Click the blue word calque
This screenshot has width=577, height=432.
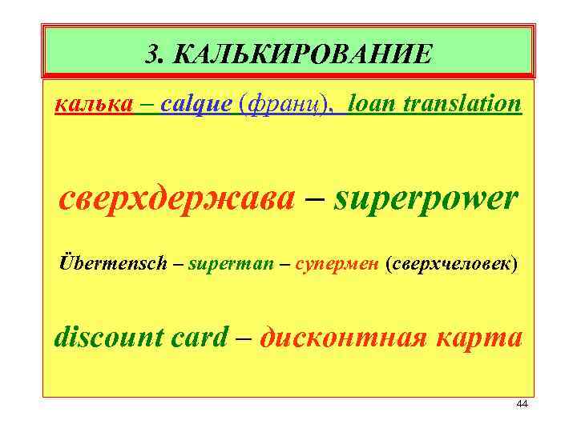(x=196, y=105)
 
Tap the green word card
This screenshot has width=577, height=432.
(x=199, y=337)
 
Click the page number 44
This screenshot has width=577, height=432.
(x=522, y=404)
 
